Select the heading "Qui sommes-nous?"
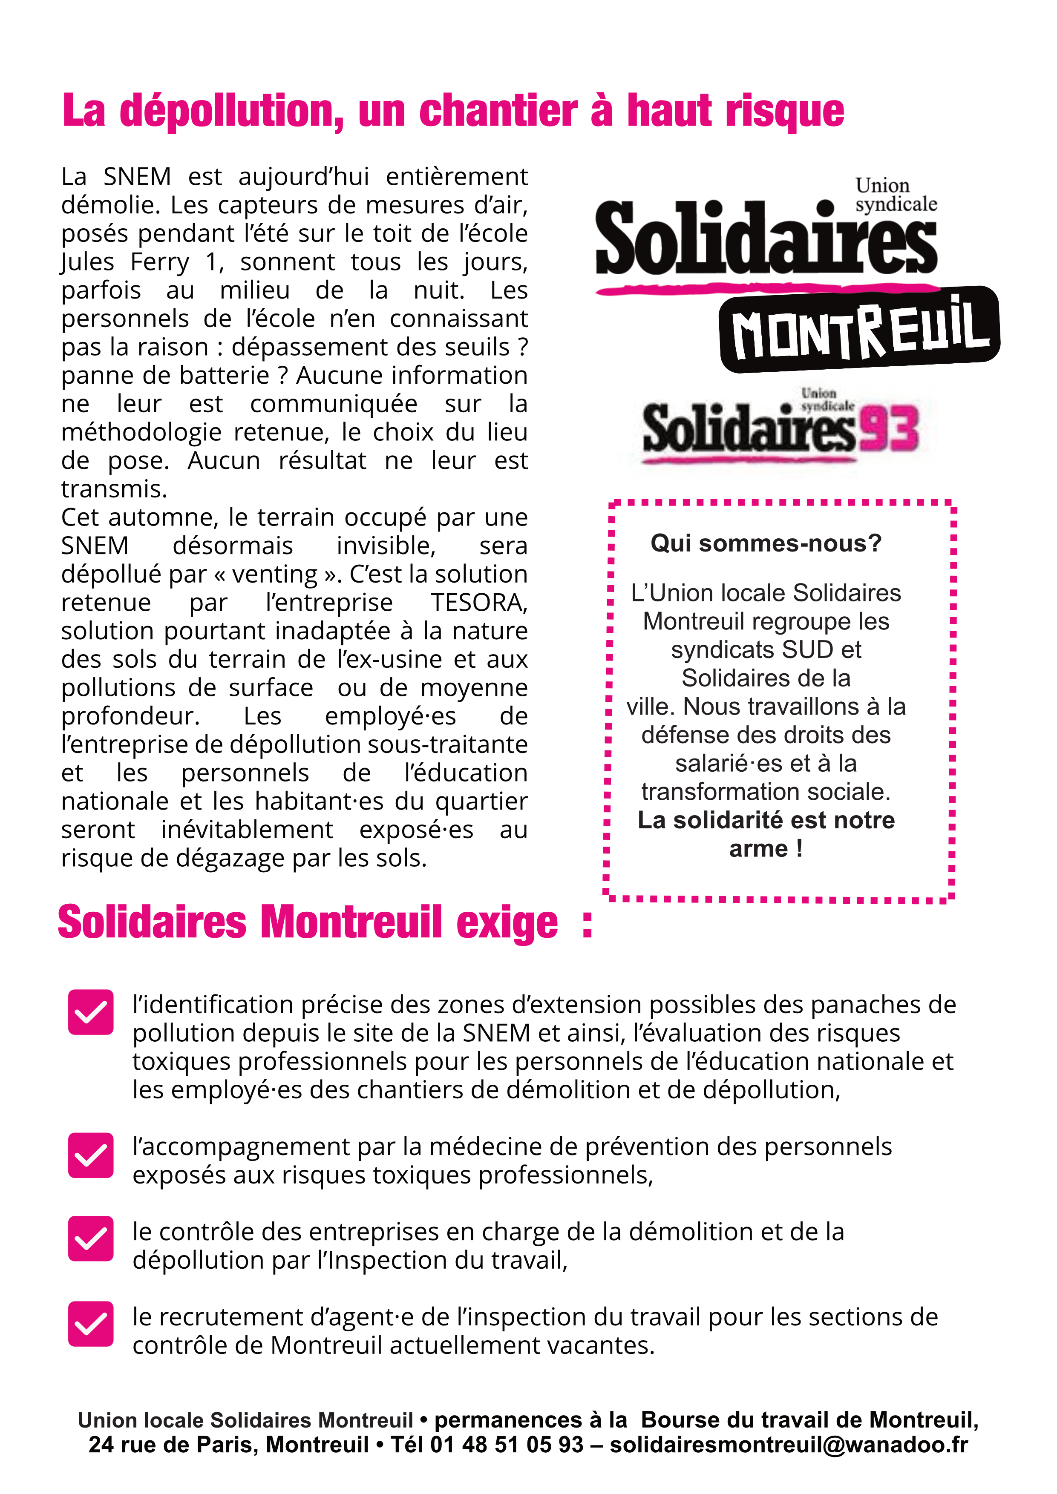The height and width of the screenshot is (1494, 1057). pyautogui.click(x=766, y=543)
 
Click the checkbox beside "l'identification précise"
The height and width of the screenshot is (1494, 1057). pyautogui.click(x=90, y=1012)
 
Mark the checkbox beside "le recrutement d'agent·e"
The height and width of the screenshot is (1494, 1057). pyautogui.click(x=90, y=1324)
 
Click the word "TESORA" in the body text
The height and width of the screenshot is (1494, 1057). pyautogui.click(x=478, y=603)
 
